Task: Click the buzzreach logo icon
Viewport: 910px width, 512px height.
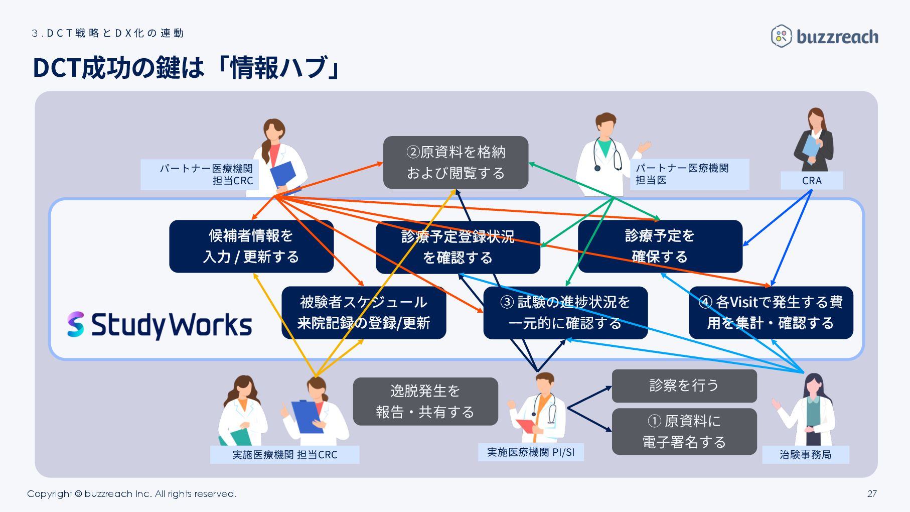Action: pos(781,36)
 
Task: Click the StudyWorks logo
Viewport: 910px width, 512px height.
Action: pos(160,324)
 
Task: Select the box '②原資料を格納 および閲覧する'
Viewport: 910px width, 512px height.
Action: pos(456,162)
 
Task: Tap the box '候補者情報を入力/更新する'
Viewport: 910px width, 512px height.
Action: pos(251,246)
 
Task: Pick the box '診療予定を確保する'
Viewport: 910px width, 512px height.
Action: pos(660,246)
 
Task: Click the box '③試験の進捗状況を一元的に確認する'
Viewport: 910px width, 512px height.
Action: pos(565,312)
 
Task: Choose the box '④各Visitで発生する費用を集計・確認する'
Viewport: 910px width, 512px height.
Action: pos(771,312)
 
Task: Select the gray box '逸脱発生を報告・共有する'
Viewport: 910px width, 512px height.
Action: pos(425,401)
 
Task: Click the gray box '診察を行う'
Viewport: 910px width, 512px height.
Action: pos(684,386)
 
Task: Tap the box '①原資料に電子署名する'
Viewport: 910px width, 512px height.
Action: pos(684,431)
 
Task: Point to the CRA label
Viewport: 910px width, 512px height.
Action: pos(811,181)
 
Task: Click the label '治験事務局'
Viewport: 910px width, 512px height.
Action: pos(805,455)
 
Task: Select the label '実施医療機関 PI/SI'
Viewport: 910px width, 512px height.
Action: pos(531,452)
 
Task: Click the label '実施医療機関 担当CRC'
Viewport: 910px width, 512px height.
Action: pos(284,455)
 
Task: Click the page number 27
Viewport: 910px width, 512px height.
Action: pos(872,493)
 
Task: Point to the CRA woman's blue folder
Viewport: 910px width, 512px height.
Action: pos(811,146)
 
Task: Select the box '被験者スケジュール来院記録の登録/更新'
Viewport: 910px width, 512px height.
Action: pos(363,312)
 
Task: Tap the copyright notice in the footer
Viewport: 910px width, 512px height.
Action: pos(131,493)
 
